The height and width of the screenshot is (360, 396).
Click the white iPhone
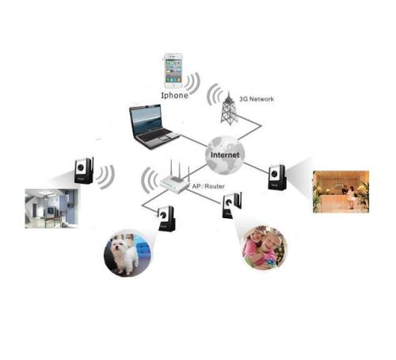173,71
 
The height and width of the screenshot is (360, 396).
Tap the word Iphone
175,95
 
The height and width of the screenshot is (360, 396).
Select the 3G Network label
257,99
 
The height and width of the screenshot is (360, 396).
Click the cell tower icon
229,109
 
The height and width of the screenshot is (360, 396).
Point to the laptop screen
147,119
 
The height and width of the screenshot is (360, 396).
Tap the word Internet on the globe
225,155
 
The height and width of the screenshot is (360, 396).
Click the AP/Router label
208,186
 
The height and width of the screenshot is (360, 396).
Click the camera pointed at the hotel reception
277,177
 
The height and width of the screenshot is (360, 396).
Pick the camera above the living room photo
84,170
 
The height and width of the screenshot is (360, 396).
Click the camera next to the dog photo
166,218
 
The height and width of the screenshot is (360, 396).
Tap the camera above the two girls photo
231,205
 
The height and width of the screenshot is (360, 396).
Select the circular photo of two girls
265,248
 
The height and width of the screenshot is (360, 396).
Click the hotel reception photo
341,192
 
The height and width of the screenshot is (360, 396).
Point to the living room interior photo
51,209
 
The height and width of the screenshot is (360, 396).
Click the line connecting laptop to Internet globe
193,141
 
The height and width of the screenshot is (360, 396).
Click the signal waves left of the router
149,180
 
